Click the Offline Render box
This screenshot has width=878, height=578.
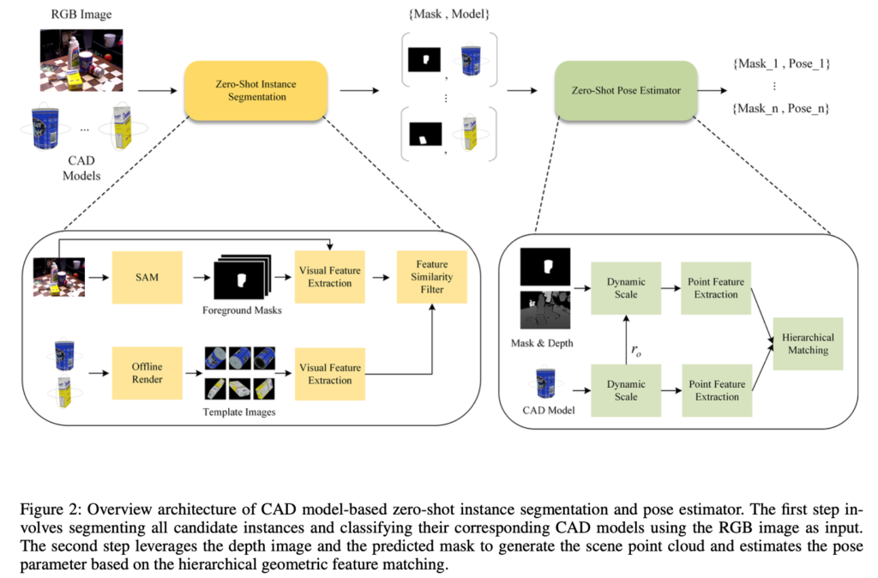(x=147, y=373)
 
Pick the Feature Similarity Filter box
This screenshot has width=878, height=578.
(x=432, y=276)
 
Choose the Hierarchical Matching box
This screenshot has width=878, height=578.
(x=808, y=343)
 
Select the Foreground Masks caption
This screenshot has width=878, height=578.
(x=243, y=310)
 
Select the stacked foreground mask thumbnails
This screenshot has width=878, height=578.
(x=243, y=275)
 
